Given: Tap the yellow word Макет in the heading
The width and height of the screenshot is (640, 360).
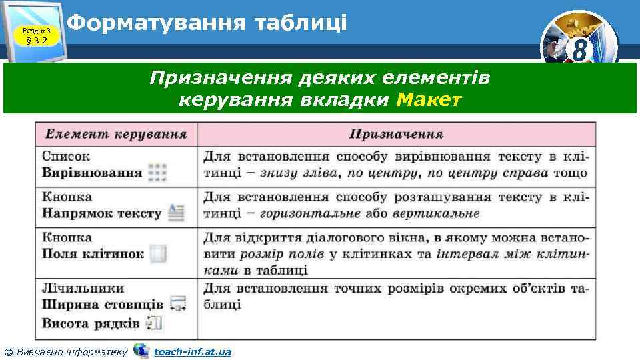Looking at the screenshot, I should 428,100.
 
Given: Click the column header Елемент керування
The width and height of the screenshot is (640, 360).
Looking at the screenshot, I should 115,134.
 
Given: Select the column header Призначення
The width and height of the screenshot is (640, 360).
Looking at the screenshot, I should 396,134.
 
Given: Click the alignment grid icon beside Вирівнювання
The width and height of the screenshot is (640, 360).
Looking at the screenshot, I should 157,173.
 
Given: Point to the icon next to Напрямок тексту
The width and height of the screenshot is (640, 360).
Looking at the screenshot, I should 175,213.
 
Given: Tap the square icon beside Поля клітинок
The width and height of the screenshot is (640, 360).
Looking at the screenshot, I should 158,254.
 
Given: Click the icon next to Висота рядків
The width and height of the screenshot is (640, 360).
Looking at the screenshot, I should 155,323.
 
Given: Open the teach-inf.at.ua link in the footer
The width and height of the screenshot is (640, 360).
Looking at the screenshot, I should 192,351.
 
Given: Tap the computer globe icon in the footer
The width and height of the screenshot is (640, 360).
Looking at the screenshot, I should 141,351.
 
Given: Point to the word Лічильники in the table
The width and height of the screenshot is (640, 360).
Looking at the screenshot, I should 83,289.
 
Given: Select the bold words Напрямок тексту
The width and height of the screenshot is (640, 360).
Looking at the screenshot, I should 101,213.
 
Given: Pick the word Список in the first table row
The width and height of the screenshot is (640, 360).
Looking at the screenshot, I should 65,157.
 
